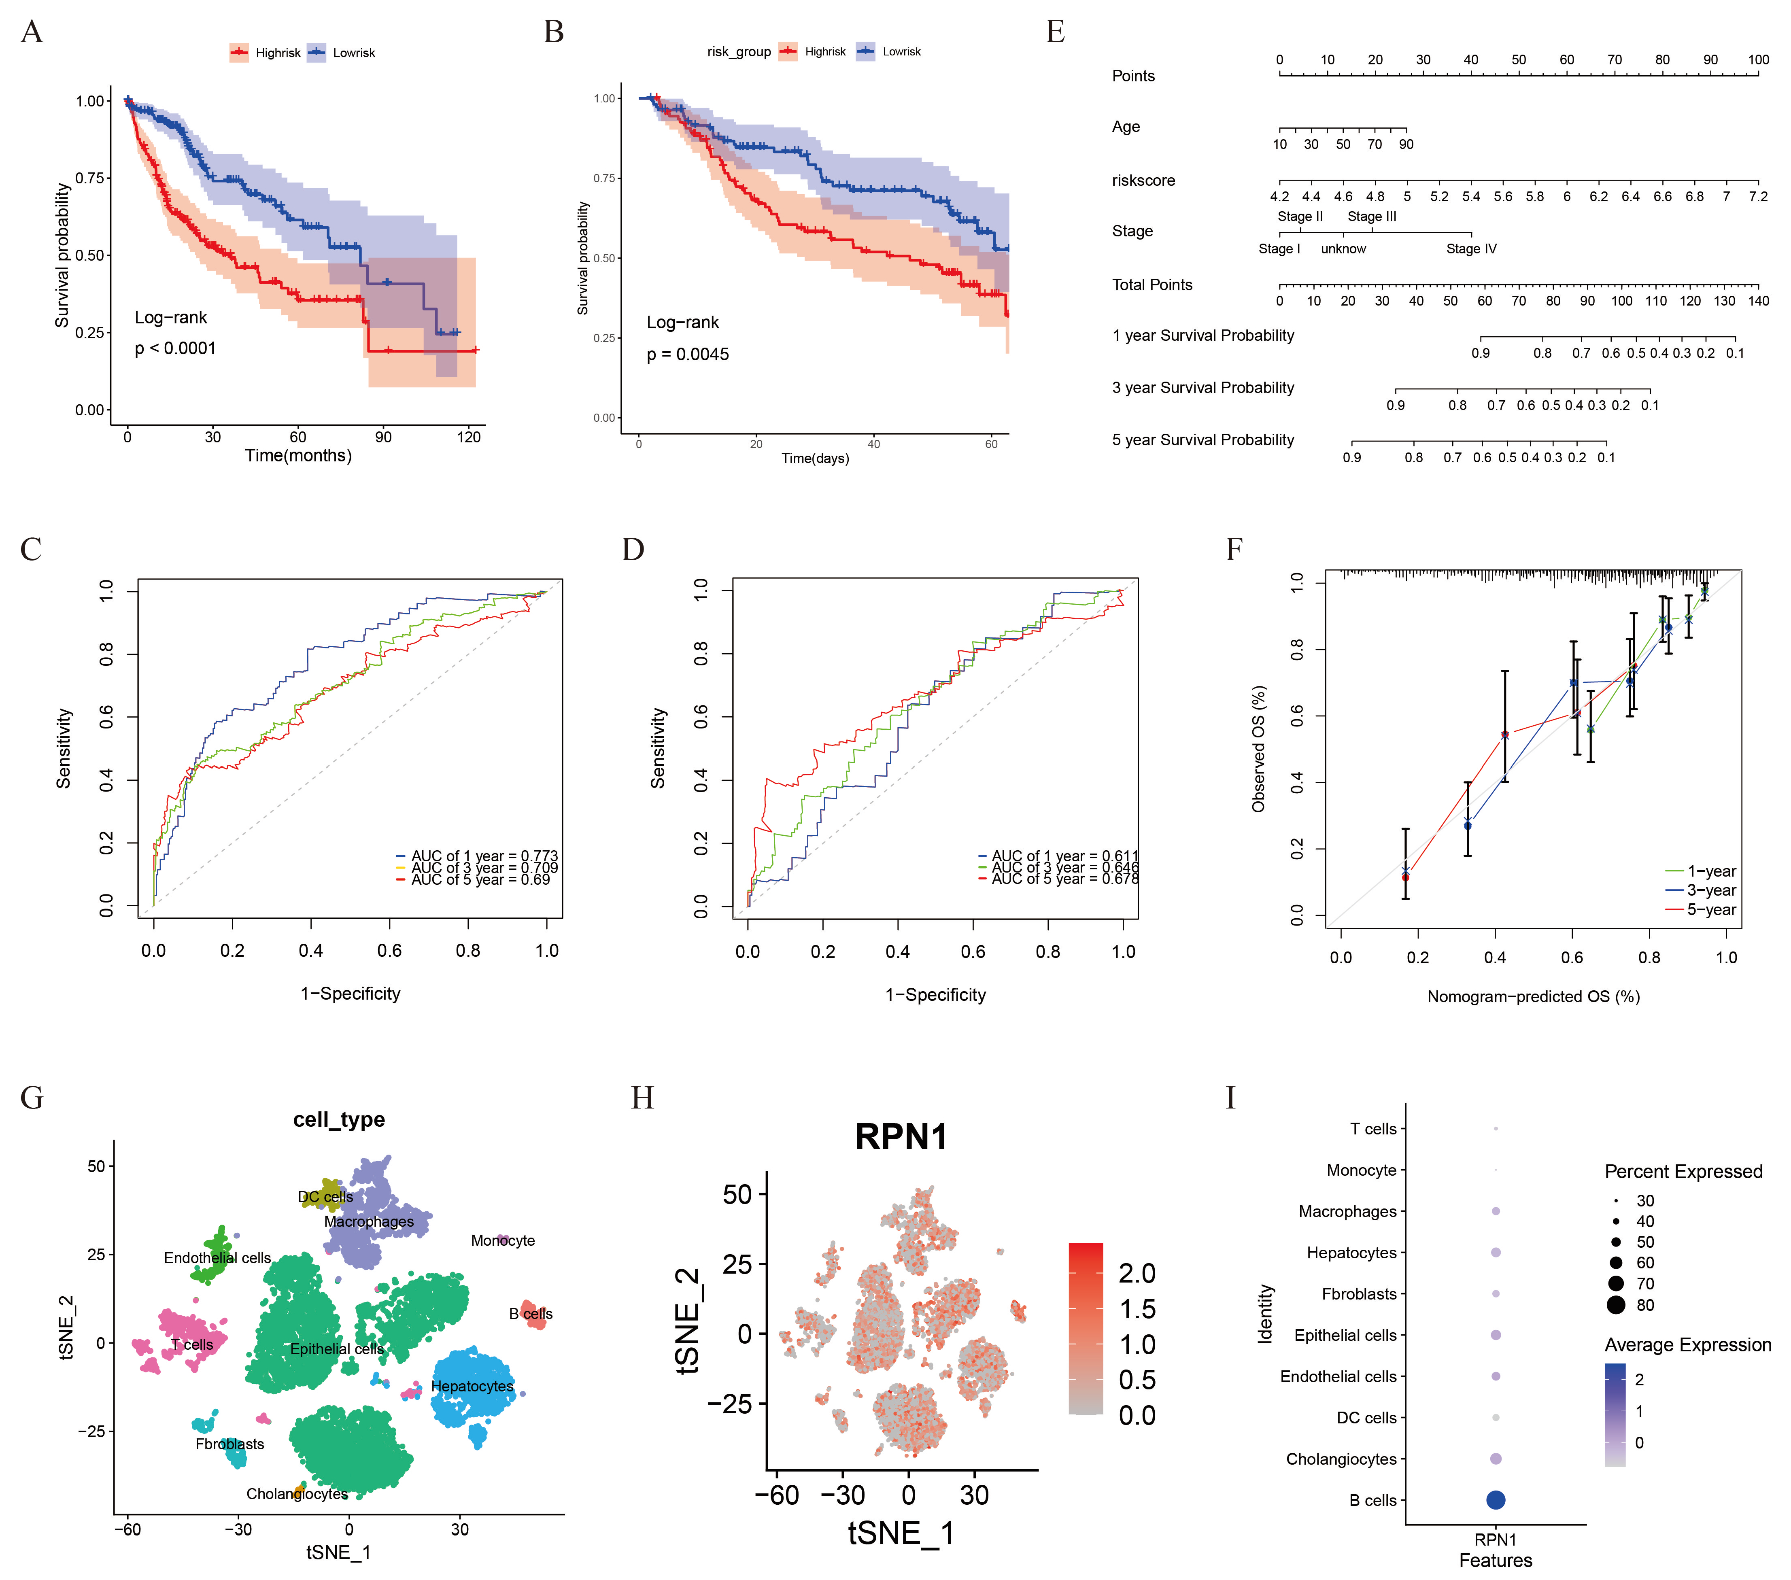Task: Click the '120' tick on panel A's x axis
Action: click(x=469, y=437)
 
